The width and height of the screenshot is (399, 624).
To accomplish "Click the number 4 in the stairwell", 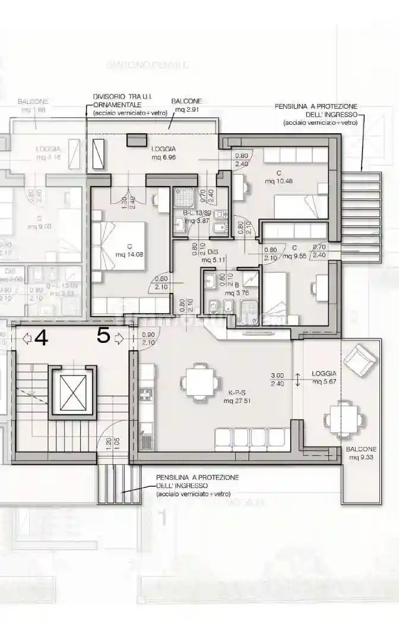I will (41, 337).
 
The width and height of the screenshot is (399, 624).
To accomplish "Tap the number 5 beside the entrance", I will (103, 336).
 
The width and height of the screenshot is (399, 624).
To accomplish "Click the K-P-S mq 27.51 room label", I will (236, 397).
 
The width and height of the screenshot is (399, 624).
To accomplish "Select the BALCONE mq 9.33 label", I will (361, 453).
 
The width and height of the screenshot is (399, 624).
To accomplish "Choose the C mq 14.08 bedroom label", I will (123, 251).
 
